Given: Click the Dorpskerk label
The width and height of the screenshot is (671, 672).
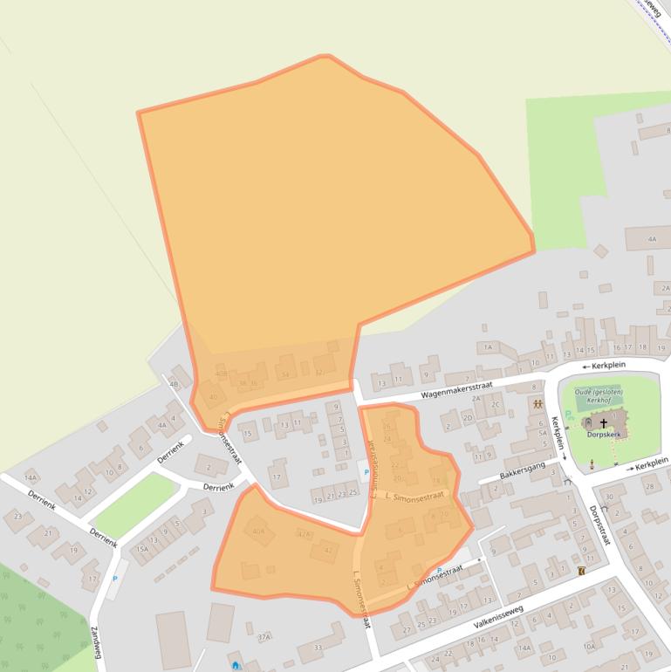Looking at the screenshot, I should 604,433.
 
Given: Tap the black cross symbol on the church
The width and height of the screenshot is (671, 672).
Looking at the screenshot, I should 603,422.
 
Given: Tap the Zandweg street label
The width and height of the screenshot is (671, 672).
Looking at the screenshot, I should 95,643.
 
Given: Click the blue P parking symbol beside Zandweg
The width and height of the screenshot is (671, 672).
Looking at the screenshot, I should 114,578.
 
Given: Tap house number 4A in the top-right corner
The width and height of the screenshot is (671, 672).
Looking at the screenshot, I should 652,238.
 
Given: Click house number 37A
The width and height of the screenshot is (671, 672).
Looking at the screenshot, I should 264,637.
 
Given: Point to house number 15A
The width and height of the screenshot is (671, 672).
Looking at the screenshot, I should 141,549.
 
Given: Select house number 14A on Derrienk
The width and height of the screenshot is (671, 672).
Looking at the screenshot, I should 31,477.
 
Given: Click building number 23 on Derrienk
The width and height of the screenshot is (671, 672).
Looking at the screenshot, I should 18,516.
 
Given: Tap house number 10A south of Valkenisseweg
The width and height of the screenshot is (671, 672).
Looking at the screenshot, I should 589,646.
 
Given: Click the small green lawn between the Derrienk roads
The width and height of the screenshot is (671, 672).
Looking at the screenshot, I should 125,505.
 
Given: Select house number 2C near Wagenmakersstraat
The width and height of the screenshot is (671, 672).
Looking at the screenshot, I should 496,404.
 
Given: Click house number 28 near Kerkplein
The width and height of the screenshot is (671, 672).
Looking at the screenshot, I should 648,486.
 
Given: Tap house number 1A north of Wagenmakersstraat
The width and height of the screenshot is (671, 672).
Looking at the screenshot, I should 488,346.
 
